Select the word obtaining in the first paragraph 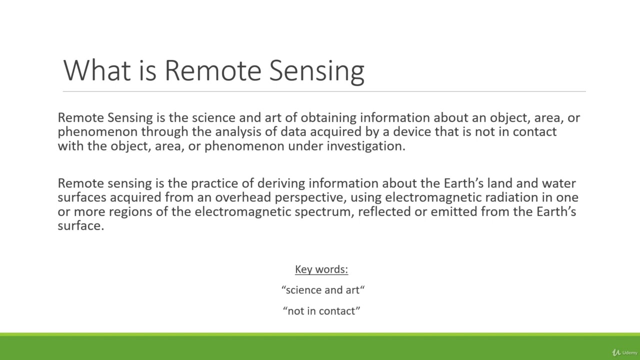coord(328,118)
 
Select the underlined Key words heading coord(321,269)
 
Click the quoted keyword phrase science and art coord(323,290)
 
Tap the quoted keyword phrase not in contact coord(321,311)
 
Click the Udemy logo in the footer coord(625,352)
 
